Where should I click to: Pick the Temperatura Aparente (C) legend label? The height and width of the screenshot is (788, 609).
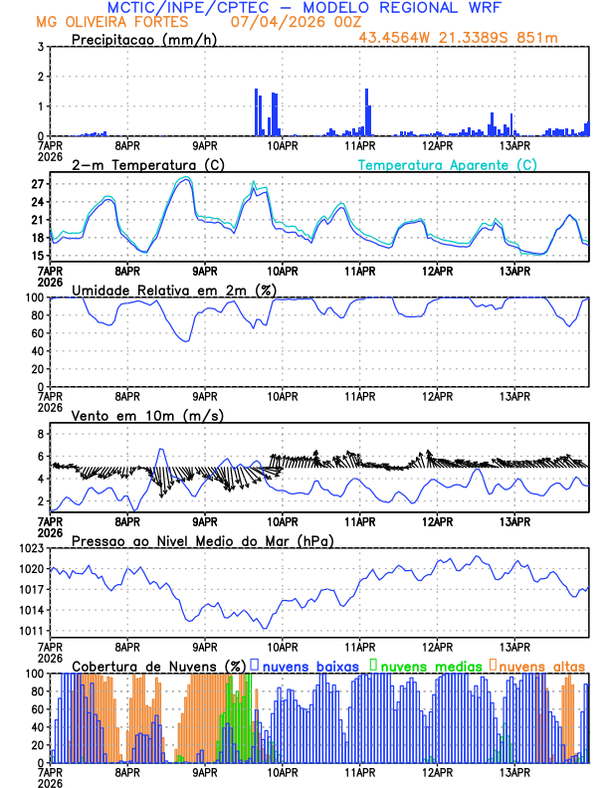pos(447,164)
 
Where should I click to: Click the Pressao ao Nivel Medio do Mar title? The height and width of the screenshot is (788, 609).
pos(202,540)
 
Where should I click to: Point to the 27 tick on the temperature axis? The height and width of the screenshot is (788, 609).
pos(38,184)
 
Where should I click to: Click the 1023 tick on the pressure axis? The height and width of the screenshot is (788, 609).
pos(32,548)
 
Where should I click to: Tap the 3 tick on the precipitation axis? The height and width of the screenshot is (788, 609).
pos(41,47)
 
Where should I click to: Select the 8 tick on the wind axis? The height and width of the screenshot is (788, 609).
pos(41,434)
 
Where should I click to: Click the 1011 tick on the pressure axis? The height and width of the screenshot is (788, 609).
pos(32,631)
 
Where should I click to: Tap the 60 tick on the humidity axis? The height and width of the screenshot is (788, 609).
pos(38,333)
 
